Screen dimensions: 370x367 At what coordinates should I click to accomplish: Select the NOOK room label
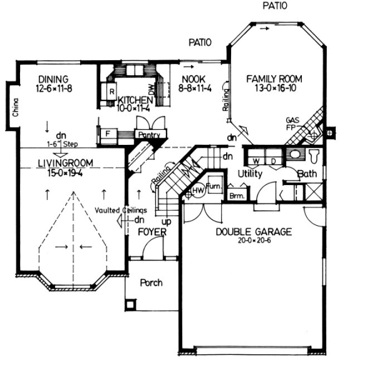pos(188,79)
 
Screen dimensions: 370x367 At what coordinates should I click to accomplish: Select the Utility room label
pos(250,174)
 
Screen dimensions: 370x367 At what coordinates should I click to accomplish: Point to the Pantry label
pos(151,135)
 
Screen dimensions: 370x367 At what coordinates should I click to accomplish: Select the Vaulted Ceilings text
pos(120,210)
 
